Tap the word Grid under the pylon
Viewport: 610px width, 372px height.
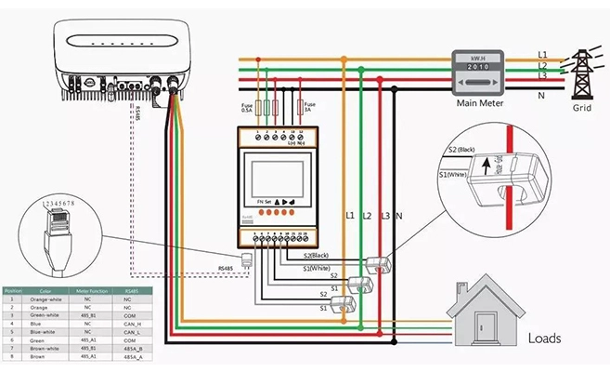[581, 107]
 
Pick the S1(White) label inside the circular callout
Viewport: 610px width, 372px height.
[454, 174]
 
